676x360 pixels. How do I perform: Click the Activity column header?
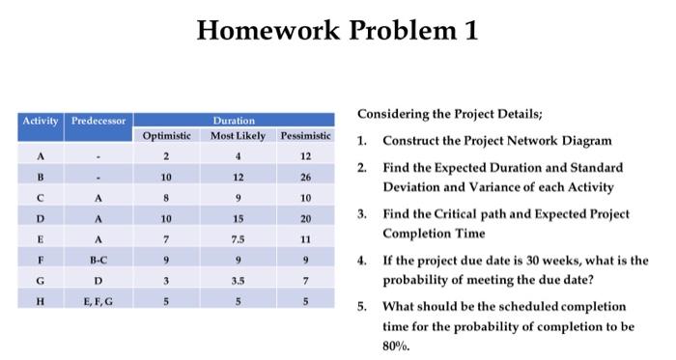click(41, 121)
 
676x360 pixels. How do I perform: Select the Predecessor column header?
click(98, 121)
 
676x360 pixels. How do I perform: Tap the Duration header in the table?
click(234, 121)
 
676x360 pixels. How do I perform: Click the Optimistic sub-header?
click(166, 135)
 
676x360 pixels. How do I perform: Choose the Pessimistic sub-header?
click(304, 135)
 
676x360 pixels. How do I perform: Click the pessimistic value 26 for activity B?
click(304, 177)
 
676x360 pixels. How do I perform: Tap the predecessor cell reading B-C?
click(98, 258)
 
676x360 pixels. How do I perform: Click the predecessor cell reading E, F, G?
click(98, 298)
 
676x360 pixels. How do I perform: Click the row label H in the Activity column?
click(41, 298)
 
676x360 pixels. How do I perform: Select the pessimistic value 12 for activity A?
click(304, 156)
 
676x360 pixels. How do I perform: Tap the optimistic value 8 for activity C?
click(166, 197)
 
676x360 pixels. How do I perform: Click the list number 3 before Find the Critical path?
click(361, 213)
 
